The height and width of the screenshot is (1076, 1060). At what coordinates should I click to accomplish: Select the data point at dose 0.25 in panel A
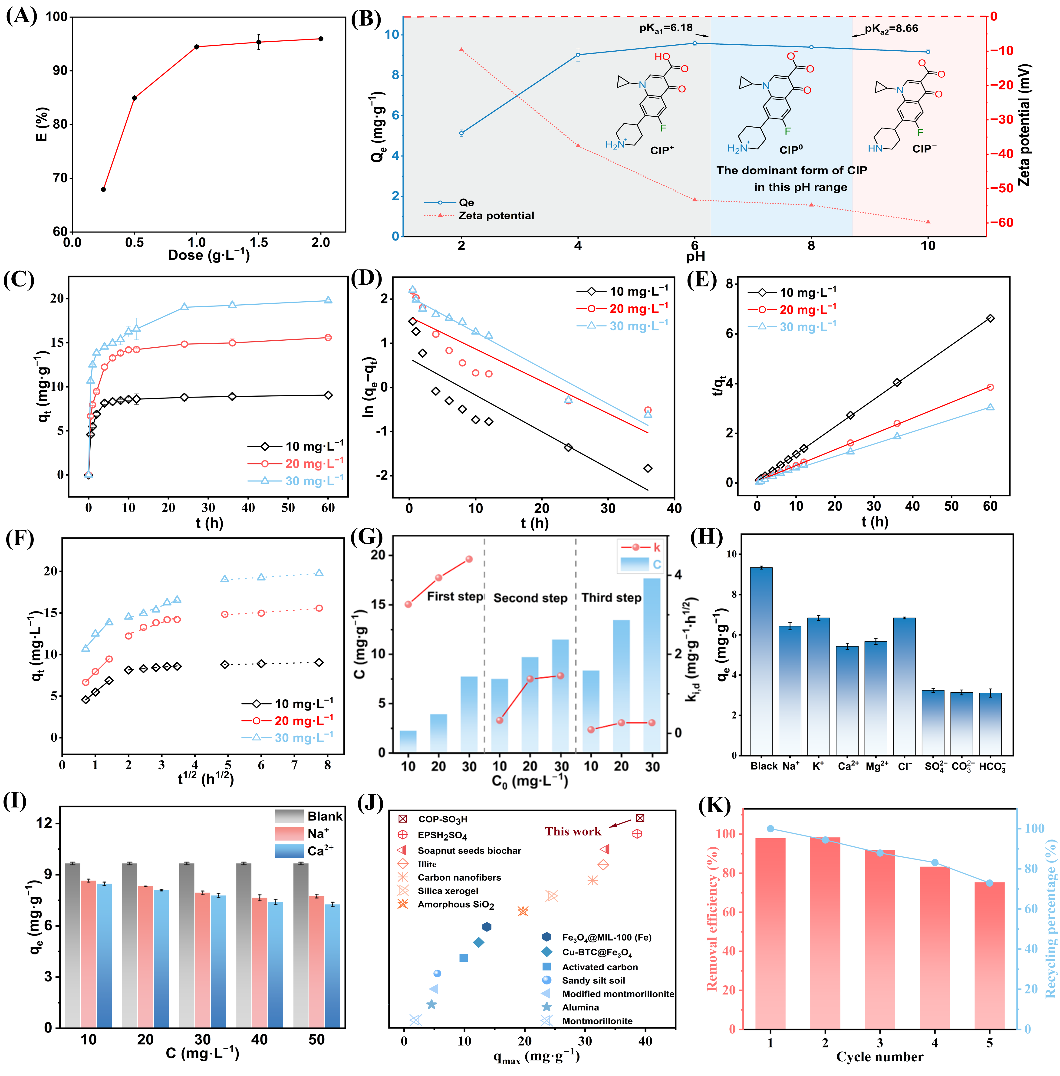[x=103, y=189]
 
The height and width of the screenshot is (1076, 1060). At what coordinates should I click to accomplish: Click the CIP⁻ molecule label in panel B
[x=924, y=149]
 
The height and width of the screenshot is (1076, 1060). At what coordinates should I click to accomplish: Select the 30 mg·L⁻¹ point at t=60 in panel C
[x=328, y=300]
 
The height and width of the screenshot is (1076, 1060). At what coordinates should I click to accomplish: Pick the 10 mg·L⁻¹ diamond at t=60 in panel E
[x=990, y=318]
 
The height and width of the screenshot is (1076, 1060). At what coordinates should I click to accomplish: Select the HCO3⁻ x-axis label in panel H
[x=992, y=767]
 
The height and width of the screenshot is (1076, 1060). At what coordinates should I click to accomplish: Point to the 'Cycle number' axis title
[x=880, y=1056]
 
